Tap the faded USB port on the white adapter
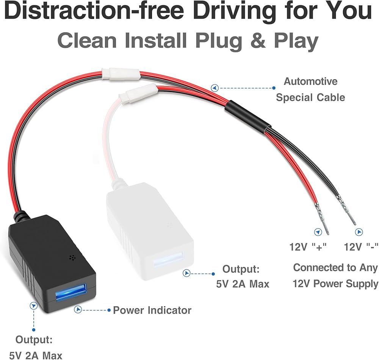point(168,260)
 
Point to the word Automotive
point(310,81)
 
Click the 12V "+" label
point(308,247)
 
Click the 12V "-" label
point(361,247)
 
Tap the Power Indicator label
point(152,310)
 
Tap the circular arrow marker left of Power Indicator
point(78,310)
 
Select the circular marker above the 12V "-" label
point(357,232)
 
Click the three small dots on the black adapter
point(72,257)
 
